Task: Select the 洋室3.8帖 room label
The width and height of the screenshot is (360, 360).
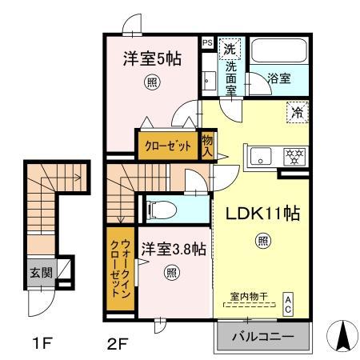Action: click(173, 249)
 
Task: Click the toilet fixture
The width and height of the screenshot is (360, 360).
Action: click(163, 209)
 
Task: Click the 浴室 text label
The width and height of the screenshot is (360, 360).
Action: click(279, 81)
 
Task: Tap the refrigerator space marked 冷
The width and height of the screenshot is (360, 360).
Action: click(296, 113)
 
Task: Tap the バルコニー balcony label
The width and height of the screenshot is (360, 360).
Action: click(261, 336)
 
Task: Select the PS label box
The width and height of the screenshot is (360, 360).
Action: click(206, 43)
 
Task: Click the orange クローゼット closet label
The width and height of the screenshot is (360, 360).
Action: click(166, 146)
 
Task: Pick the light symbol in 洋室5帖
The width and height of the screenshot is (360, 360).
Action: click(150, 81)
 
